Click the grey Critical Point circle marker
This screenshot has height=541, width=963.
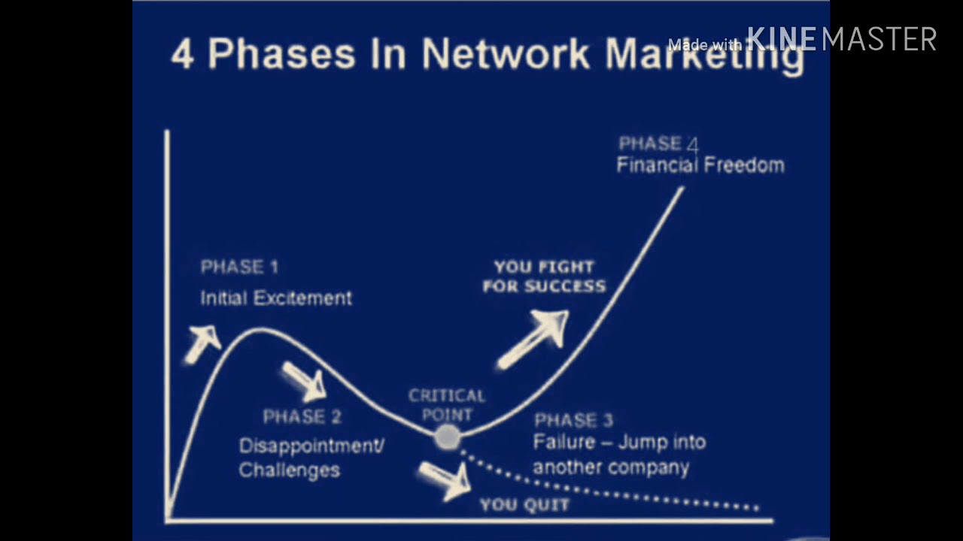pyautogui.click(x=447, y=437)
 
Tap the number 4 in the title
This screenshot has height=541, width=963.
pyautogui.click(x=182, y=54)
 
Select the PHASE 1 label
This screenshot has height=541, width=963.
pyautogui.click(x=239, y=267)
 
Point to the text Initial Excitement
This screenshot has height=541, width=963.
pyautogui.click(x=276, y=298)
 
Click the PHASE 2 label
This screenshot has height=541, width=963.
pyautogui.click(x=302, y=416)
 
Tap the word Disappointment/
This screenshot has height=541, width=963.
pyautogui.click(x=311, y=446)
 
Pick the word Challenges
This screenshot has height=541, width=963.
pyautogui.click(x=290, y=470)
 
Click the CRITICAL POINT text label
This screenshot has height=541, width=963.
pyautogui.click(x=447, y=405)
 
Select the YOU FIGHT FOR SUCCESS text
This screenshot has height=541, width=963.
pyautogui.click(x=544, y=277)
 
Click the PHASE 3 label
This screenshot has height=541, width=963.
pyautogui.click(x=573, y=420)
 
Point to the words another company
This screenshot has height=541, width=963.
pyautogui.click(x=611, y=467)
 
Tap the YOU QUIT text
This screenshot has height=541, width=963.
pyautogui.click(x=524, y=504)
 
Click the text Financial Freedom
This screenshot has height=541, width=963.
pyautogui.click(x=700, y=165)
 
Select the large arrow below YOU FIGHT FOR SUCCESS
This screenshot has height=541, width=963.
pyautogui.click(x=533, y=340)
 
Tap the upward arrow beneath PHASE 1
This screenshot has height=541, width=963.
pyautogui.click(x=202, y=344)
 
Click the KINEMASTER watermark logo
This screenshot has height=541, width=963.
pyautogui.click(x=841, y=39)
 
